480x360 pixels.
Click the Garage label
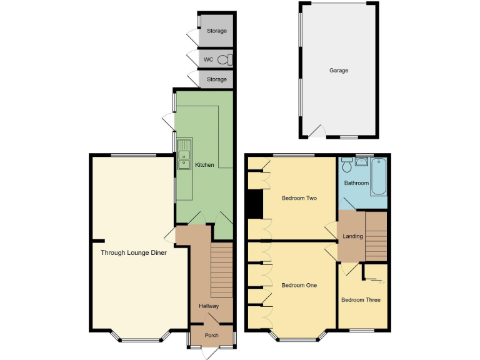[339, 71]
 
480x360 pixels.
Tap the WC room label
[209, 60]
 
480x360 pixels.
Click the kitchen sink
[184, 154]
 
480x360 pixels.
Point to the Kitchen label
[204, 165]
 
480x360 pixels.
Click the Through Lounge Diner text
[134, 253]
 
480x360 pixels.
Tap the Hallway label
[209, 306]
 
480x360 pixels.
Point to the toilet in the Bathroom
[347, 166]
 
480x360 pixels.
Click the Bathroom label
[356, 183]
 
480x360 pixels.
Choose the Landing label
[353, 236]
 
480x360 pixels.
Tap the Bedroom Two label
[299, 199]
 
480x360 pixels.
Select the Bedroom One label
[299, 286]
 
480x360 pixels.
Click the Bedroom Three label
[361, 300]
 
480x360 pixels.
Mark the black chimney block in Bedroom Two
[254, 204]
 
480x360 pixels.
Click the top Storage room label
[217, 31]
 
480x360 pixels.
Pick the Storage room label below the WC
[217, 80]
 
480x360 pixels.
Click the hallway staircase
[221, 270]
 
